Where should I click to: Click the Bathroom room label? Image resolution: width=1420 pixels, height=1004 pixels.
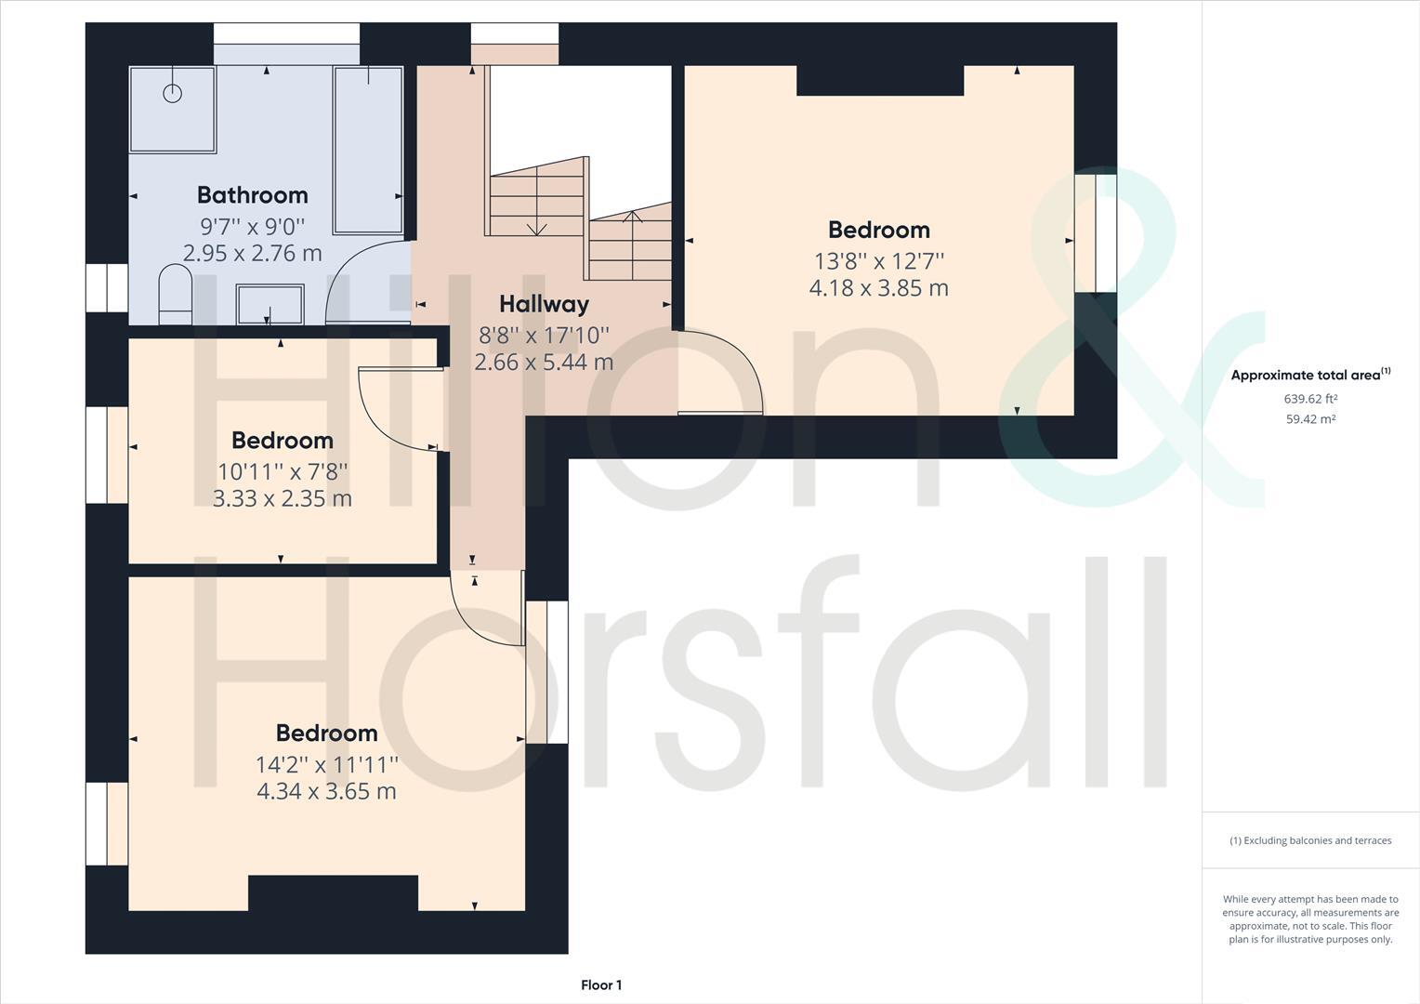(x=252, y=195)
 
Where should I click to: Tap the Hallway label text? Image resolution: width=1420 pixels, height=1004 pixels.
(x=544, y=304)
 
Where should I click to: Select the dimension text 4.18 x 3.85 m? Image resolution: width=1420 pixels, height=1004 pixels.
(x=878, y=288)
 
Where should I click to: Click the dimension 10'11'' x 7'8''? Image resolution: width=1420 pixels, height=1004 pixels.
(x=283, y=470)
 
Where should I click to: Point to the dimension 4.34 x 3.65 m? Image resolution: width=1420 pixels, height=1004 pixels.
(x=326, y=791)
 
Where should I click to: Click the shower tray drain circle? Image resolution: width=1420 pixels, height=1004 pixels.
(x=172, y=93)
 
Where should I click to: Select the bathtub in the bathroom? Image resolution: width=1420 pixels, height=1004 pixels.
(x=368, y=149)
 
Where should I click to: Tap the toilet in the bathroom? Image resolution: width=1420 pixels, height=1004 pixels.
(x=175, y=294)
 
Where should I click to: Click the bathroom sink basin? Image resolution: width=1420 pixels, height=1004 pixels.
(x=270, y=304)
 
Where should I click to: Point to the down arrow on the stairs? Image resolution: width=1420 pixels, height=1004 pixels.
(x=536, y=229)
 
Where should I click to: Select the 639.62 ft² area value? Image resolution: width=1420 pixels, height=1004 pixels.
(x=1310, y=399)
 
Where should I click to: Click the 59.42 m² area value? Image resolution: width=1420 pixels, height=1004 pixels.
(x=1310, y=419)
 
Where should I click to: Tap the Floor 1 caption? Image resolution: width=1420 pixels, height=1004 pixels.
(x=601, y=985)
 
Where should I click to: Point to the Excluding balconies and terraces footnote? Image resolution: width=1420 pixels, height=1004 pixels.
(x=1310, y=840)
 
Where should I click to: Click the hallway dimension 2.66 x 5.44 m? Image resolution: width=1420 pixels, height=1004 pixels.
(x=544, y=363)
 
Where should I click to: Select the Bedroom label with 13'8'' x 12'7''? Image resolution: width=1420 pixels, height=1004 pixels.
(x=878, y=230)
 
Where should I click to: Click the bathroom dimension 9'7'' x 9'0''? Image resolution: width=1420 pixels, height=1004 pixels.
(x=252, y=225)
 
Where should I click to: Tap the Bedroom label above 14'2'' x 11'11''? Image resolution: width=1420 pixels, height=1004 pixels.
(x=326, y=733)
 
